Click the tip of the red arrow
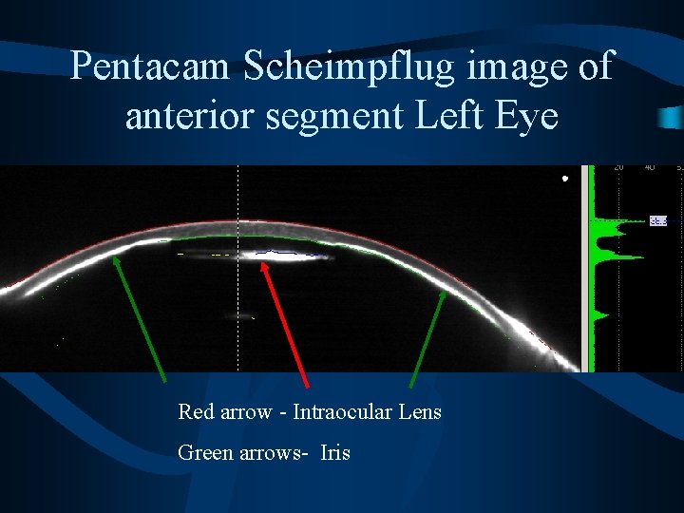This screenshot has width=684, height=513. [x=265, y=264]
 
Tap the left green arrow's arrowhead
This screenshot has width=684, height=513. [x=113, y=256]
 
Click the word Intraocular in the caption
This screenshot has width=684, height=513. [x=340, y=412]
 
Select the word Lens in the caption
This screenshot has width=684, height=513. [x=419, y=412]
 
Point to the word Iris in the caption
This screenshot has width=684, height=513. [x=335, y=453]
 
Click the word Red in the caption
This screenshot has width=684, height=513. [x=195, y=412]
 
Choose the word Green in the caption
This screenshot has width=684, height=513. [x=204, y=453]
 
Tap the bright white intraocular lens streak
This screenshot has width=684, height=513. [x=275, y=255]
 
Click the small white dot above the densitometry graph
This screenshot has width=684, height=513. [x=564, y=178]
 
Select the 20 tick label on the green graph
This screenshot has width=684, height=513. [x=618, y=168]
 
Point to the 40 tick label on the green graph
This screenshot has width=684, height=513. [x=650, y=168]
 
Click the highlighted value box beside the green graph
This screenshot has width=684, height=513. [x=658, y=221]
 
